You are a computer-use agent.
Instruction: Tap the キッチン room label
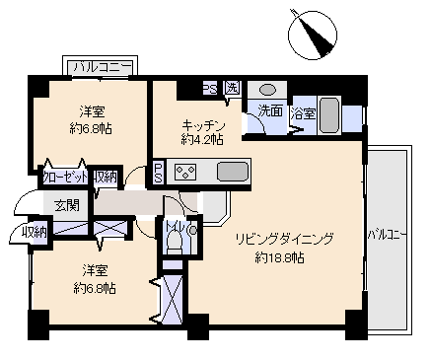click(x=203, y=125)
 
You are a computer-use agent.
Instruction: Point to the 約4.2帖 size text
click(x=201, y=140)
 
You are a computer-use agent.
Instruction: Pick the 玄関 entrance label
click(x=66, y=204)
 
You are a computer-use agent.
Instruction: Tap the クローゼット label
click(x=66, y=178)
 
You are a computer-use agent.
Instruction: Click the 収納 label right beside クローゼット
click(x=106, y=178)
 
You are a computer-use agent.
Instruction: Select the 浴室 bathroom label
click(x=303, y=113)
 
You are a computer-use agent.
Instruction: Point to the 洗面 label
click(x=270, y=110)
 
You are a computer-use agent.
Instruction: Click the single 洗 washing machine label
click(x=232, y=89)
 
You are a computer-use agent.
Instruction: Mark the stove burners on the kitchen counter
click(x=186, y=171)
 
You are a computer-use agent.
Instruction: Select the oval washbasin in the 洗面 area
click(x=267, y=90)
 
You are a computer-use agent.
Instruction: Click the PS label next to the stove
click(x=158, y=172)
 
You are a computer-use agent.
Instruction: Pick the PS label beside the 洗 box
click(x=210, y=89)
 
